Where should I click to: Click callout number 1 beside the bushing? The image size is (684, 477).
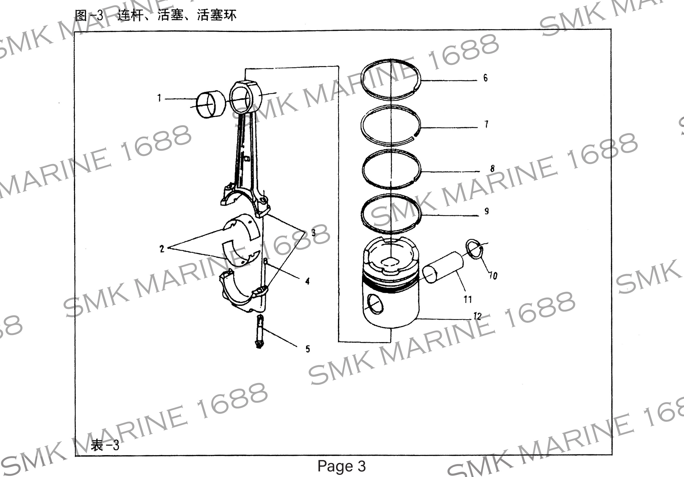point(159,98)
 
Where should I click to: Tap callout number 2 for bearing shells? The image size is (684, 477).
point(162,249)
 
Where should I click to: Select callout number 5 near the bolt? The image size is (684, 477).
point(308,349)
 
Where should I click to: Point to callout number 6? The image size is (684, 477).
point(485,78)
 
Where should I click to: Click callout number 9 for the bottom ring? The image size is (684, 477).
point(487,211)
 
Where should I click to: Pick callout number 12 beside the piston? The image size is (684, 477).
point(477,316)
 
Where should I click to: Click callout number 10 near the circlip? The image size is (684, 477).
point(493,276)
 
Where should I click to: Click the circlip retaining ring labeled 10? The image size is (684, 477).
point(474,249)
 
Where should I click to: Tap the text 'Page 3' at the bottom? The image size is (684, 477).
point(341,466)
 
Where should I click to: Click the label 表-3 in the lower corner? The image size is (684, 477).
point(105,445)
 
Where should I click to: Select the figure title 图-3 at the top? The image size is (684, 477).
point(89,15)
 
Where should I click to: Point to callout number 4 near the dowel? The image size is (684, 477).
point(307,281)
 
